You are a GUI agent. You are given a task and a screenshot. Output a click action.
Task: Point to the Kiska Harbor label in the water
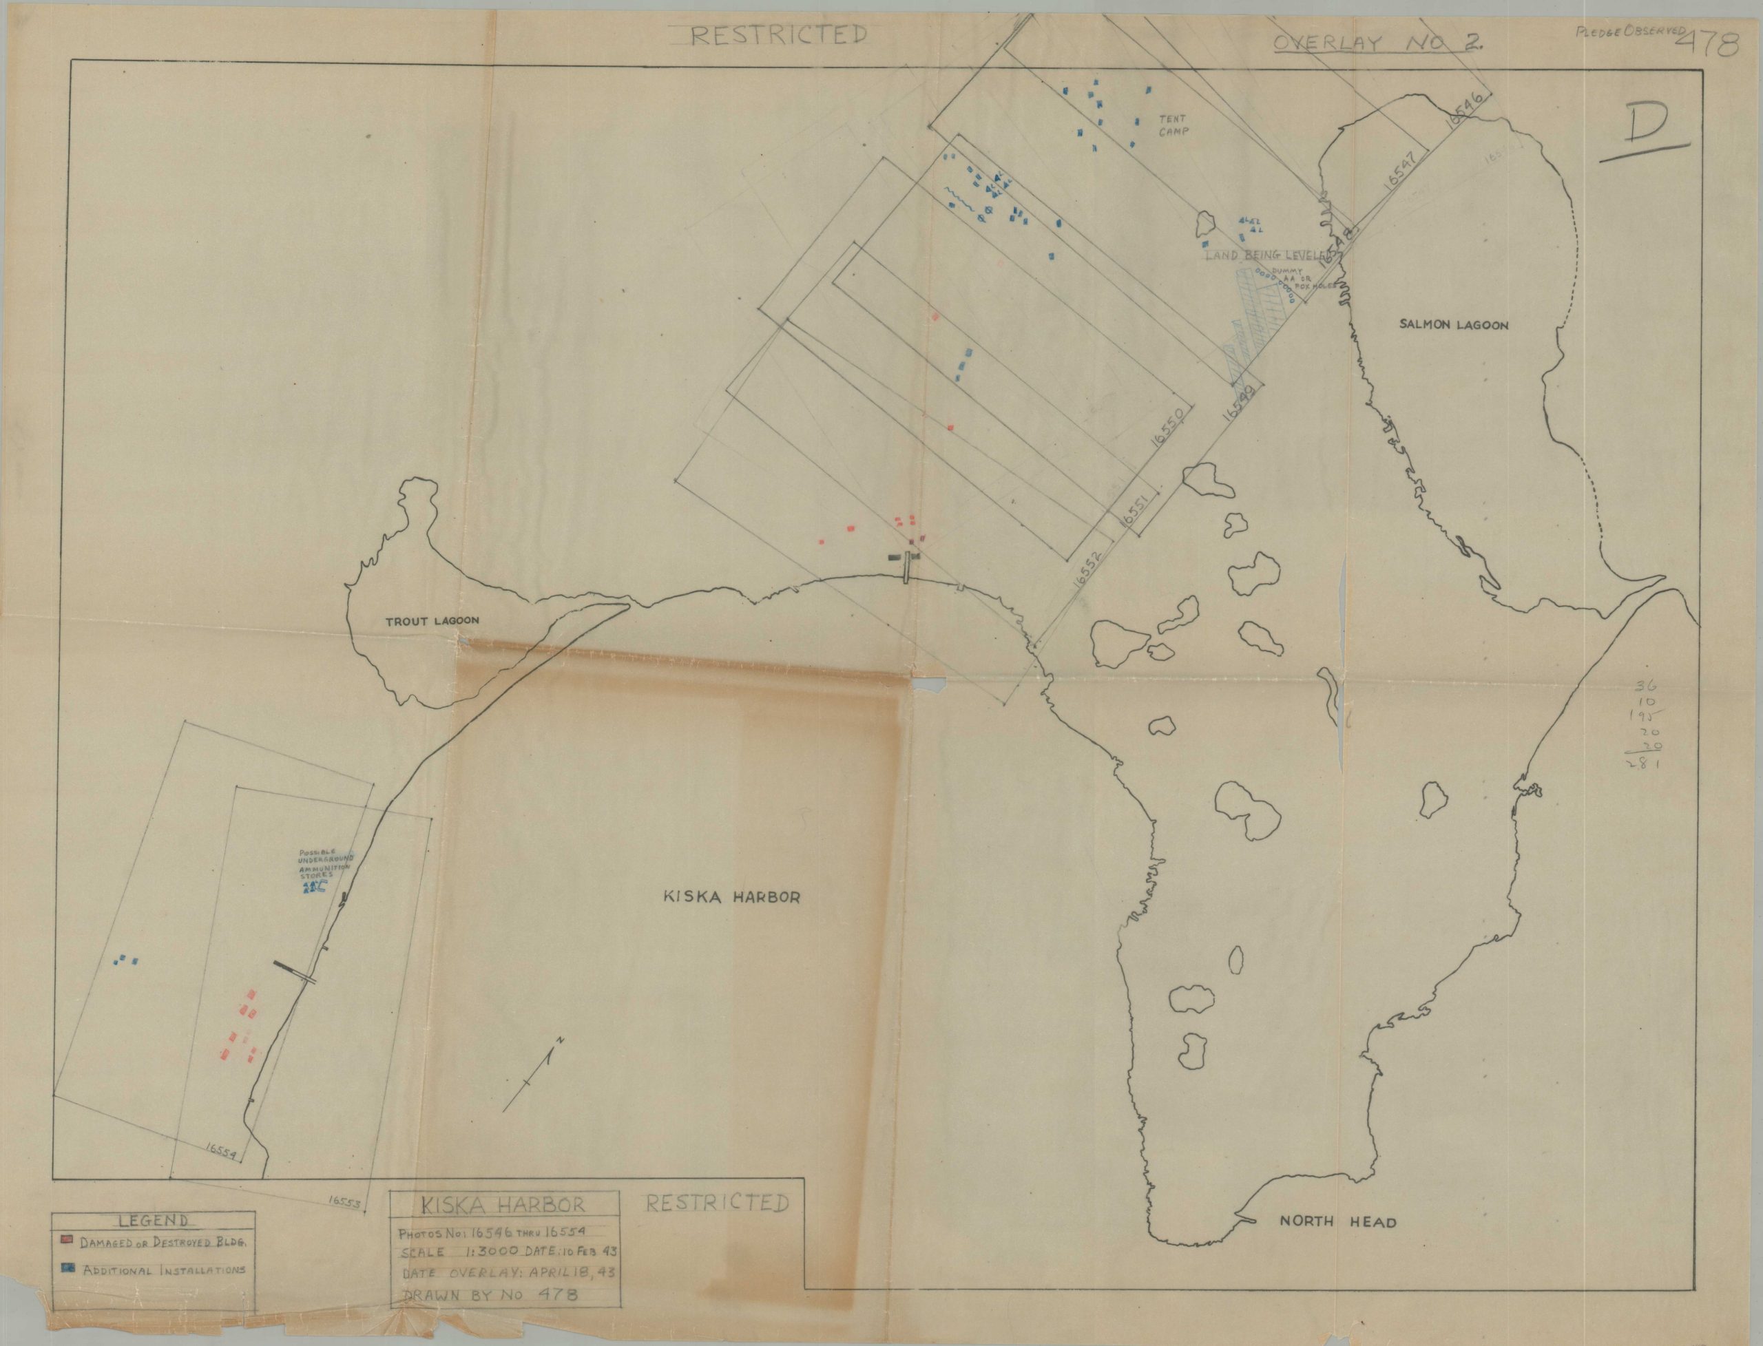731,897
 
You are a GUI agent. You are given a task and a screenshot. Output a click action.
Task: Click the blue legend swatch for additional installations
67,1291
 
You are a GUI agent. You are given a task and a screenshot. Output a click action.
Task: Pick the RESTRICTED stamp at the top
778,36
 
